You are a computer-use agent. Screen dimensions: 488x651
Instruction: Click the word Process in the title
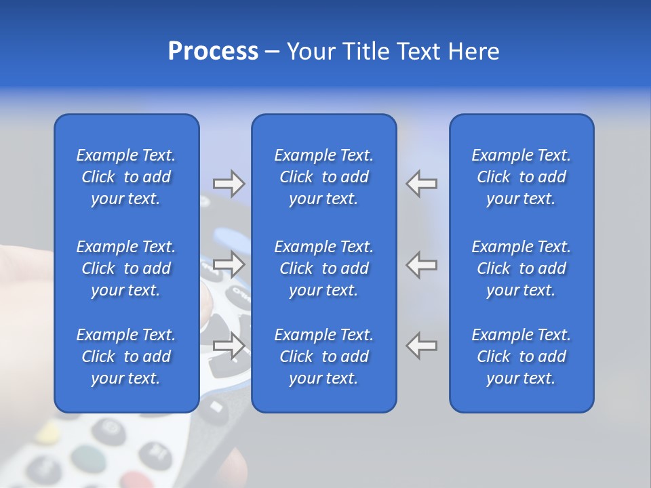[213, 52]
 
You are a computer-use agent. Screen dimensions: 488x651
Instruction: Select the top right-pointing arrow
[229, 183]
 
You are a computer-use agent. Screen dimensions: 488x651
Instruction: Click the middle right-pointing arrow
[229, 264]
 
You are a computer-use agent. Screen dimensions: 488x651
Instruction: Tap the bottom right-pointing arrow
[229, 346]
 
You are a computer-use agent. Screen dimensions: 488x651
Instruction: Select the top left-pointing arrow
[421, 183]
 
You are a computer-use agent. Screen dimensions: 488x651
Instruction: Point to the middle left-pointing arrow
[421, 264]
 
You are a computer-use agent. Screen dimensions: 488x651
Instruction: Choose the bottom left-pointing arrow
[421, 346]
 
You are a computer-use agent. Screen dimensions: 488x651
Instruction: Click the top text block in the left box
[126, 177]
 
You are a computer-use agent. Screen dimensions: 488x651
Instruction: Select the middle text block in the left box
[126, 268]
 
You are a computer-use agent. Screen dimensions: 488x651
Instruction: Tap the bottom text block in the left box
[126, 357]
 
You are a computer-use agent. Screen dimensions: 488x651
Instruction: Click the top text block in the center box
[324, 177]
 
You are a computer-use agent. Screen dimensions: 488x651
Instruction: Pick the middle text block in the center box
[324, 268]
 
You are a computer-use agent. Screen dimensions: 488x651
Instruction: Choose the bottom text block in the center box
[324, 357]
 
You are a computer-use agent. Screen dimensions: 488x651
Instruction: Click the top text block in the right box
[521, 177]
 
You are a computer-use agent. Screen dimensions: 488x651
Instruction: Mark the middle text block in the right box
[521, 268]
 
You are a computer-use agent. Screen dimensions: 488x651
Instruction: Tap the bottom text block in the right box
[521, 357]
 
